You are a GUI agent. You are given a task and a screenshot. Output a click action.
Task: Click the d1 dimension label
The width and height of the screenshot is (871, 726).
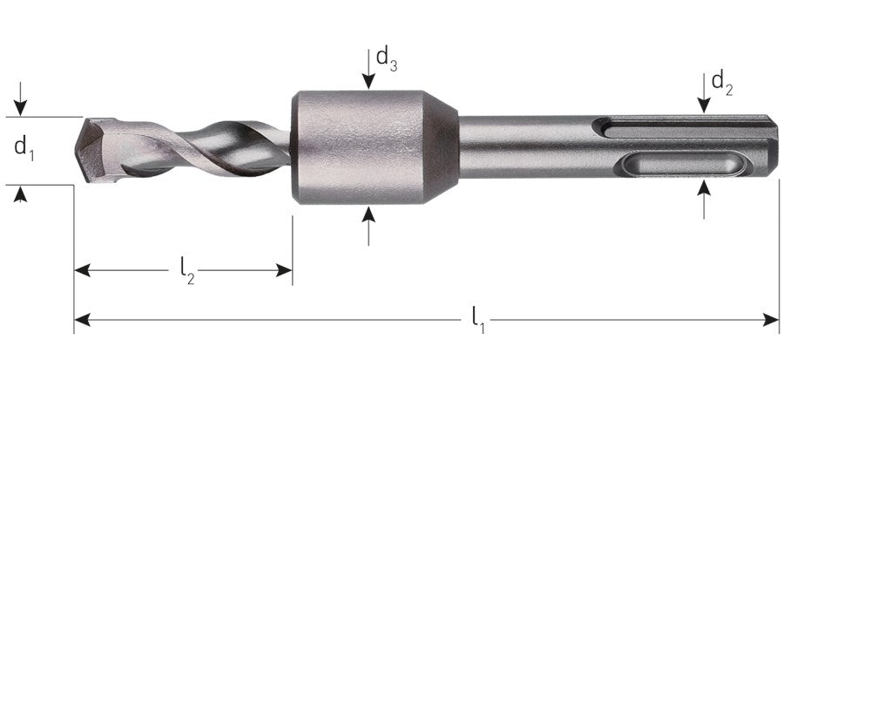[x=24, y=148]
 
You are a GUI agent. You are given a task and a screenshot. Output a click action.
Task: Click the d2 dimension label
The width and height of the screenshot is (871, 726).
[x=722, y=84]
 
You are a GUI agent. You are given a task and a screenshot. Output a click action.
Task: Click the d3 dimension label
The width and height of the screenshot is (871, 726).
[x=387, y=59]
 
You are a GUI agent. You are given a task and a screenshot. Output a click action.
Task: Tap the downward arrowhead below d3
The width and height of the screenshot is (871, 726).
[x=368, y=81]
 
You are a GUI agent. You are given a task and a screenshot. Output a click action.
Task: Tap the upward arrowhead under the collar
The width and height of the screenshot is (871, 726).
[x=368, y=214]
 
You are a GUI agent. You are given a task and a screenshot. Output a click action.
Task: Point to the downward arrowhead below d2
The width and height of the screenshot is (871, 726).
[x=704, y=105]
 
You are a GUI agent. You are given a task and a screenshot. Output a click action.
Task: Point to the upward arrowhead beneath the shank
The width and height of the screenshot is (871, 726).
[x=704, y=187]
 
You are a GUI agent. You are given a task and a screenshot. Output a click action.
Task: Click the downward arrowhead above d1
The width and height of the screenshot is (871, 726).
[x=21, y=108]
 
